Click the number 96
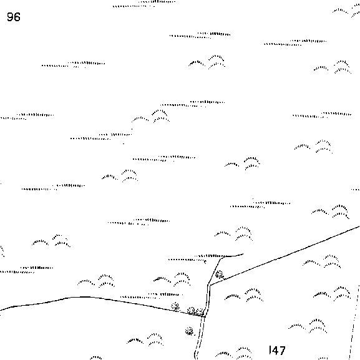tap(14, 17)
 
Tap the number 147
tap(277, 351)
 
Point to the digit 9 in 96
tap(10, 17)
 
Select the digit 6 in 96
tap(17, 17)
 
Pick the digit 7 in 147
tap(282, 351)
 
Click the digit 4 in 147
tap(275, 351)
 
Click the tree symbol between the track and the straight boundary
tap(220, 275)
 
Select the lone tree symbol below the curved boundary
tap(190, 331)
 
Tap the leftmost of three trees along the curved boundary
tap(175, 306)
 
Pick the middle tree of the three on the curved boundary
tap(191, 311)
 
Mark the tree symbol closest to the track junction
tap(200, 312)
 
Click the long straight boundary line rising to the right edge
tap(285, 256)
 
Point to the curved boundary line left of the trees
tap(92, 298)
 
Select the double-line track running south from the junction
tap(200, 338)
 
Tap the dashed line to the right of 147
tap(354, 321)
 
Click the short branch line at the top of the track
tap(234, 255)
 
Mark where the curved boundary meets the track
tap(205, 317)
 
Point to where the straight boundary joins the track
tap(210, 286)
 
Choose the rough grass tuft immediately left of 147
tap(234, 353)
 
